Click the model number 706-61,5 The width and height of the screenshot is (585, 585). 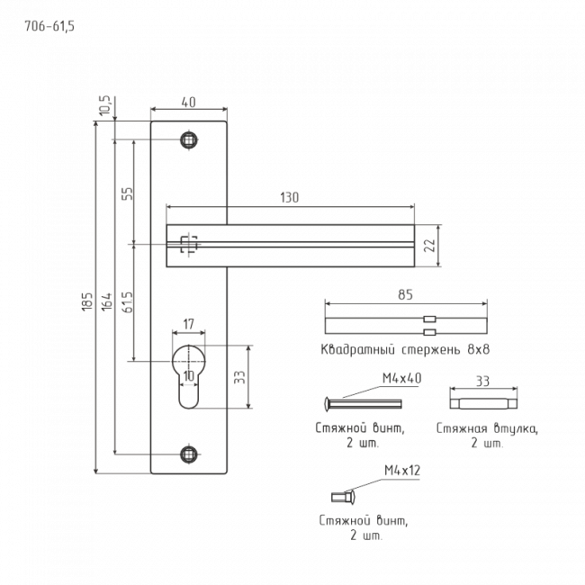click(x=49, y=26)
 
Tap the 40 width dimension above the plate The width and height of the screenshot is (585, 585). click(x=188, y=103)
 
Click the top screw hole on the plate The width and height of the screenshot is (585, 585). click(x=189, y=140)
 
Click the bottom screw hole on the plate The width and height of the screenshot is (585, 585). click(x=189, y=454)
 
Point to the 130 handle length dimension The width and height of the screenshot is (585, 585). click(x=290, y=197)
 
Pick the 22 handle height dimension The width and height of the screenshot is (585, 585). click(x=430, y=245)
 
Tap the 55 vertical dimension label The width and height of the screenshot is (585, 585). click(x=128, y=193)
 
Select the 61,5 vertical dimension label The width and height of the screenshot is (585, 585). click(x=128, y=302)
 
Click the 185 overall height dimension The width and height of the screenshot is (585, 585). click(x=87, y=301)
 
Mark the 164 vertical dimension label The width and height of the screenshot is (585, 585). click(x=107, y=301)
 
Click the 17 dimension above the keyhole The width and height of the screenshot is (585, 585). click(x=188, y=324)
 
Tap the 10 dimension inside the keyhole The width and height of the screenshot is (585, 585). click(x=189, y=375)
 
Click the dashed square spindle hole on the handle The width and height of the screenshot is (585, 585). click(x=189, y=245)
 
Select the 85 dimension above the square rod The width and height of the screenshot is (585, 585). click(x=405, y=294)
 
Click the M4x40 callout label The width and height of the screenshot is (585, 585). click(x=401, y=378)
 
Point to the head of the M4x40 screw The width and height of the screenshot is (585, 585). click(x=328, y=404)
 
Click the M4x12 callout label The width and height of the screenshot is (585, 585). click(x=402, y=471)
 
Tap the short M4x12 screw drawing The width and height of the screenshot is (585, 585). click(x=343, y=498)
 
